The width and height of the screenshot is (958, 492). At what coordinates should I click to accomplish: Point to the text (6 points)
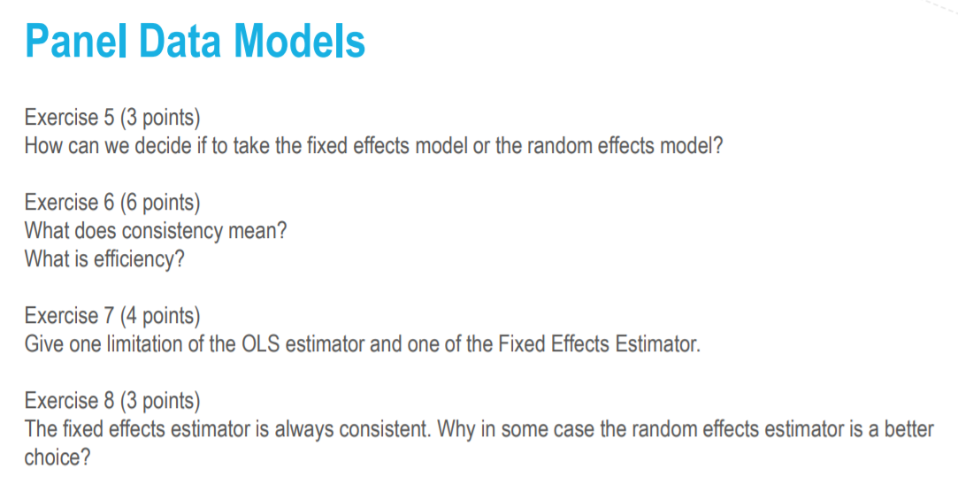pyautogui.click(x=160, y=204)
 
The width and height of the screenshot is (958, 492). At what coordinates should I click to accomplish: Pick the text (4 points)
pyautogui.click(x=160, y=316)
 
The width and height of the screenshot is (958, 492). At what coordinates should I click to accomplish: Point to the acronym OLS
pyautogui.click(x=260, y=343)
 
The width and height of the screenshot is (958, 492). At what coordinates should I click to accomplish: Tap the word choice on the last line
pyautogui.click(x=57, y=458)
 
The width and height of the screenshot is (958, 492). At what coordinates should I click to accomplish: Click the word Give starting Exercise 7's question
pyautogui.click(x=43, y=343)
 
